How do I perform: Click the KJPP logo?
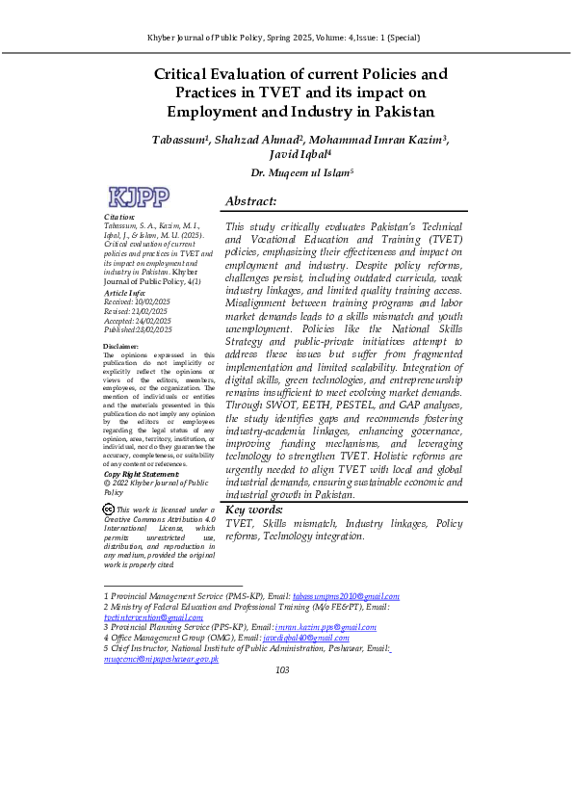coord(140,197)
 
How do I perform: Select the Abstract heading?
coord(250,201)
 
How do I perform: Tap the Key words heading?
coord(254,510)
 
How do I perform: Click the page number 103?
coord(282,670)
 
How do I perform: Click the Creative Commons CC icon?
coord(108,510)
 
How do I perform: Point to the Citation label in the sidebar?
coord(118,219)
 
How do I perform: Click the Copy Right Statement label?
coord(141,474)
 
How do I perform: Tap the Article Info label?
coord(124,292)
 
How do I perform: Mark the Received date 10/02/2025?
coord(152,301)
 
